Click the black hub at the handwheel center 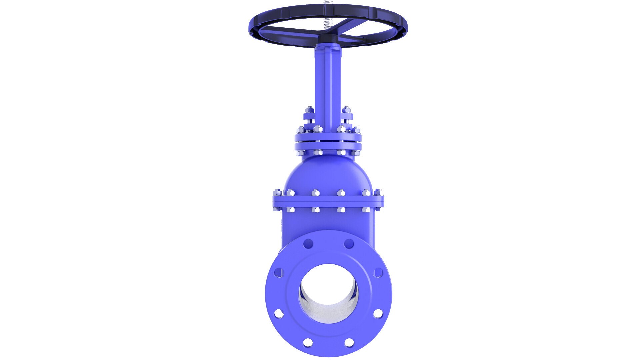(328, 40)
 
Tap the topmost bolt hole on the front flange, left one (308, 243)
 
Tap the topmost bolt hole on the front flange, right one (349, 244)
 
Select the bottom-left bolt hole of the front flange (308, 342)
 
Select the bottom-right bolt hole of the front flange (349, 342)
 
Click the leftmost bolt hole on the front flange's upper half (279, 273)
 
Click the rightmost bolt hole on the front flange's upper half (378, 273)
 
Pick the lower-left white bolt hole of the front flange (279, 313)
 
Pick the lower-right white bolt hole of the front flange (378, 313)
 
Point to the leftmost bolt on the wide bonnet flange (277, 193)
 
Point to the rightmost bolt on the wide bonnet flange (379, 193)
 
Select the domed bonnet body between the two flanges (328, 177)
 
